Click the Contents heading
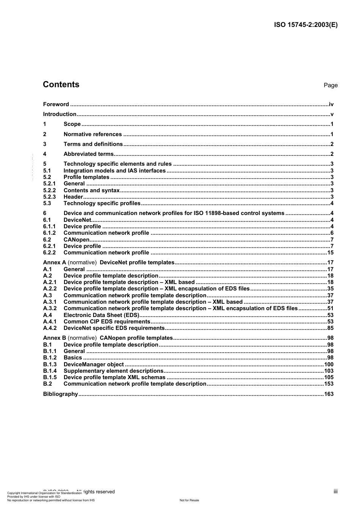tap(61, 85)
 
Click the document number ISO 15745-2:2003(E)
tap(305, 25)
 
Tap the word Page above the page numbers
tap(330, 85)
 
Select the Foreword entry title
tap(56, 104)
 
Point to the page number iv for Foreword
tap(331, 104)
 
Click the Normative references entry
tap(92, 134)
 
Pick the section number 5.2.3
tap(49, 197)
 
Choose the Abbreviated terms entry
tap(88, 154)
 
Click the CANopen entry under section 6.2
tap(76, 240)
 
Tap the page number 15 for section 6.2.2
tap(330, 253)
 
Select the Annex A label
tap(55, 262)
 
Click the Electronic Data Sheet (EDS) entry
tap(101, 315)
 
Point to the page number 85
tap(330, 328)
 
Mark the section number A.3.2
tap(50, 308)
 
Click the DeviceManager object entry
tap(94, 364)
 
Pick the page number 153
tap(329, 384)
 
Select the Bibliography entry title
tap(60, 394)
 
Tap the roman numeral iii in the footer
tap(335, 491)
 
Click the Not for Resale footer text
tap(189, 500)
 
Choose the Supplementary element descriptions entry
tap(113, 371)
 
